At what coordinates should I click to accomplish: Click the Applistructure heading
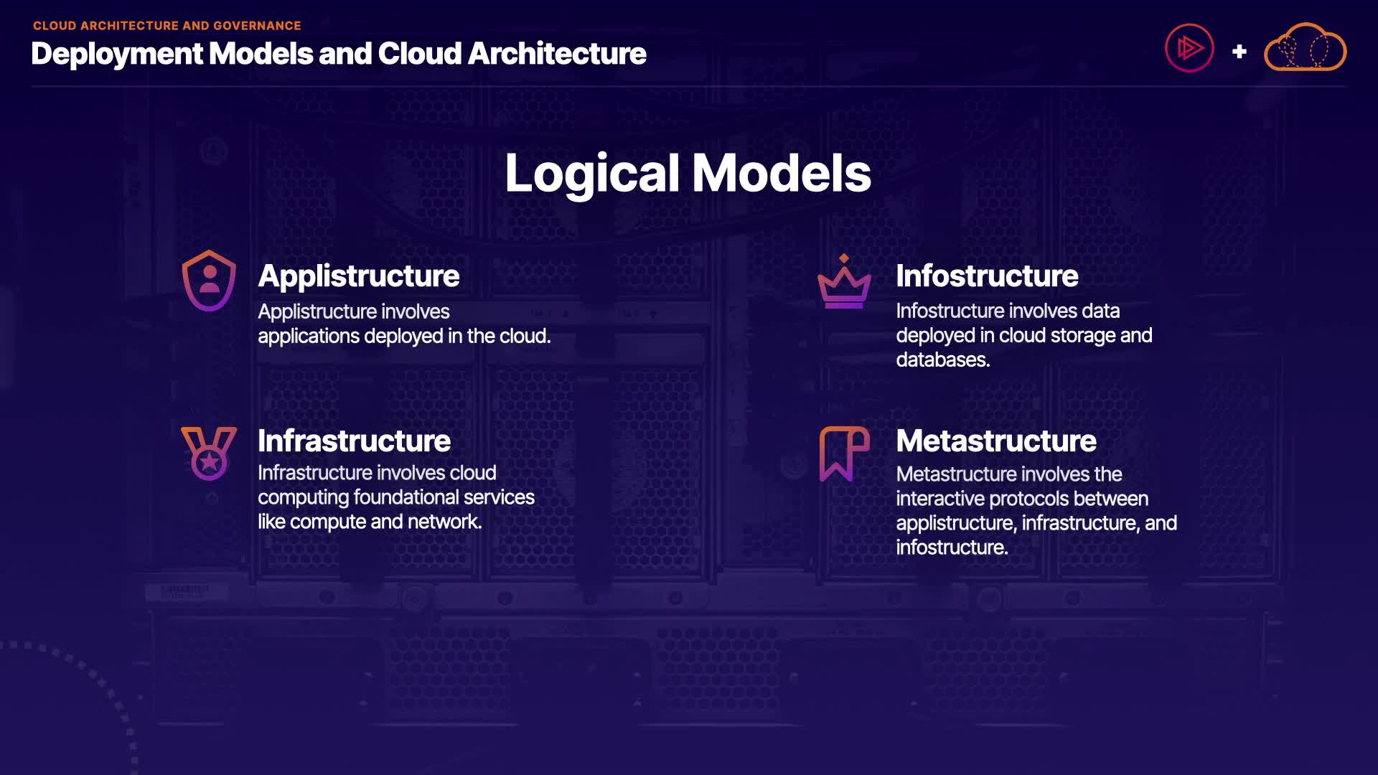point(358,276)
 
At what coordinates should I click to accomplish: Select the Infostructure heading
point(986,276)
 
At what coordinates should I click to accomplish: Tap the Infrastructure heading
point(354,441)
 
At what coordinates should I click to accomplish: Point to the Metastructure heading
point(995,441)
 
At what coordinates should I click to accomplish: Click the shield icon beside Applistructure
point(209,281)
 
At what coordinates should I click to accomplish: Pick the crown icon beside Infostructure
point(844,283)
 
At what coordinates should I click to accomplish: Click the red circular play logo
point(1189,49)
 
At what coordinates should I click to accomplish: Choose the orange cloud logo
point(1305,48)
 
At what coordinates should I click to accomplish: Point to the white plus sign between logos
point(1239,52)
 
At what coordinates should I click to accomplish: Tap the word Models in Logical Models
point(781,174)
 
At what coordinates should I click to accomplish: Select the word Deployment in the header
point(117,54)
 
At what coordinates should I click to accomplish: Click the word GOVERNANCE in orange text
point(257,26)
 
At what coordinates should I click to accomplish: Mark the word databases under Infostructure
point(942,360)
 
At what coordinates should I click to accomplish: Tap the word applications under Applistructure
point(309,337)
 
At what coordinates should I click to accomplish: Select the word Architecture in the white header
point(557,54)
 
